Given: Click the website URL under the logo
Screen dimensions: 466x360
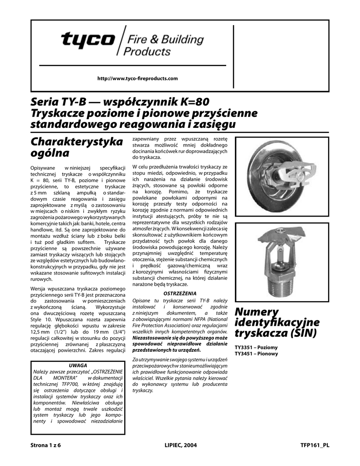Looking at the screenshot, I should pos(138,79).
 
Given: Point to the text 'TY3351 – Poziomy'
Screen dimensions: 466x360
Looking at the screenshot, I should pos(256,347).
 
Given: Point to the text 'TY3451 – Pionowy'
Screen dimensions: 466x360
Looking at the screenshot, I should pos(256,354).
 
